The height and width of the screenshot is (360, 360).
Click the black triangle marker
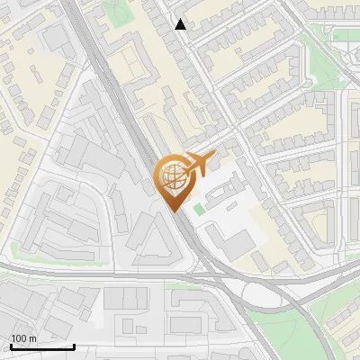pos(181,24)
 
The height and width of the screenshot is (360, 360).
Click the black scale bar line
pos(41,346)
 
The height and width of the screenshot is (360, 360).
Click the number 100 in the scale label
pos(19,338)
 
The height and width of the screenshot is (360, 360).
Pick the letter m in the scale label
pos(32,338)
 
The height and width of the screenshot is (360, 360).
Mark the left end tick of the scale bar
pos(10,345)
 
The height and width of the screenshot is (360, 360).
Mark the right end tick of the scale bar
pos(74,345)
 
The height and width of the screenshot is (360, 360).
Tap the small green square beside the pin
pos(199,210)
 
